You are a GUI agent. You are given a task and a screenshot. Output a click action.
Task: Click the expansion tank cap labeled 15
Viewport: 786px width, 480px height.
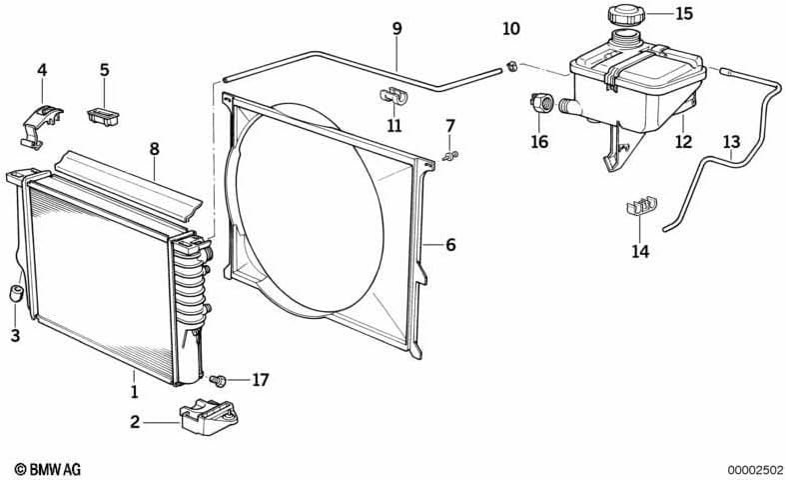tap(626, 14)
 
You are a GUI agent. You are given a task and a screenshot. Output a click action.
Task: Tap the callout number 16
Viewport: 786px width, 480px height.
tap(539, 142)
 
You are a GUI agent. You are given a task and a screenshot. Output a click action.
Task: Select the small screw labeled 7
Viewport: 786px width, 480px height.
tap(451, 155)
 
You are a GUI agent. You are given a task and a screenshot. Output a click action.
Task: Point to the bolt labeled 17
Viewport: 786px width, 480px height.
tap(219, 380)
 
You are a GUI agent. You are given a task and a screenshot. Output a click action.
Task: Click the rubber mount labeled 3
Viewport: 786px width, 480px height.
tap(17, 293)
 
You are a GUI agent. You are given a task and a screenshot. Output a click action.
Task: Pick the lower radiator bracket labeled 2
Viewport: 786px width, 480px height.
tap(207, 417)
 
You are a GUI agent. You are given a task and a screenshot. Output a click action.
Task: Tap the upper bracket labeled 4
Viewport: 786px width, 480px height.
tap(42, 126)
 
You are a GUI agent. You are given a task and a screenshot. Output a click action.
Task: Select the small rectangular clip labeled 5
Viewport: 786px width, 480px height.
tap(104, 116)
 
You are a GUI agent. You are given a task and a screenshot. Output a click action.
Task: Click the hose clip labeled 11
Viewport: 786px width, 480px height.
tap(393, 96)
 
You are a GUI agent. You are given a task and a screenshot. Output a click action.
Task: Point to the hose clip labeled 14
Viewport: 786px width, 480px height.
tap(641, 206)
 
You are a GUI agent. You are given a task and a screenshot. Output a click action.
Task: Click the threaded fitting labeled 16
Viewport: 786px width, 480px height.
tap(541, 104)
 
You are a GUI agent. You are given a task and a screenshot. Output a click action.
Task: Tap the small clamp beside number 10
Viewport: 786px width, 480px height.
tap(511, 66)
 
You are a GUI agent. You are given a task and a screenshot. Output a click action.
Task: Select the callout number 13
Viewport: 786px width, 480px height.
tap(731, 142)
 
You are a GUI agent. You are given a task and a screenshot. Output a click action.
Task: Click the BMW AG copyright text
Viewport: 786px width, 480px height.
tap(48, 469)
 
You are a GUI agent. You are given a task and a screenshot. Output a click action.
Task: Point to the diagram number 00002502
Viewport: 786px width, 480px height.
tap(755, 470)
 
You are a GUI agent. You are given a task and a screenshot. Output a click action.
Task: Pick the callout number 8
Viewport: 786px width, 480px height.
tap(155, 149)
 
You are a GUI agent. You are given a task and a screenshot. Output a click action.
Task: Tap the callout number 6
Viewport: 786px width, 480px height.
tap(450, 245)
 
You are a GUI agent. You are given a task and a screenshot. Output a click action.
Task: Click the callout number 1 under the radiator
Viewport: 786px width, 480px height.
tap(135, 391)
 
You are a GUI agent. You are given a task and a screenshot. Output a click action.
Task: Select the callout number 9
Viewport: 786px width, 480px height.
tap(397, 29)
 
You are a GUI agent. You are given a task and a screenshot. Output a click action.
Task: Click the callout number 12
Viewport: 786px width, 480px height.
tap(683, 142)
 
